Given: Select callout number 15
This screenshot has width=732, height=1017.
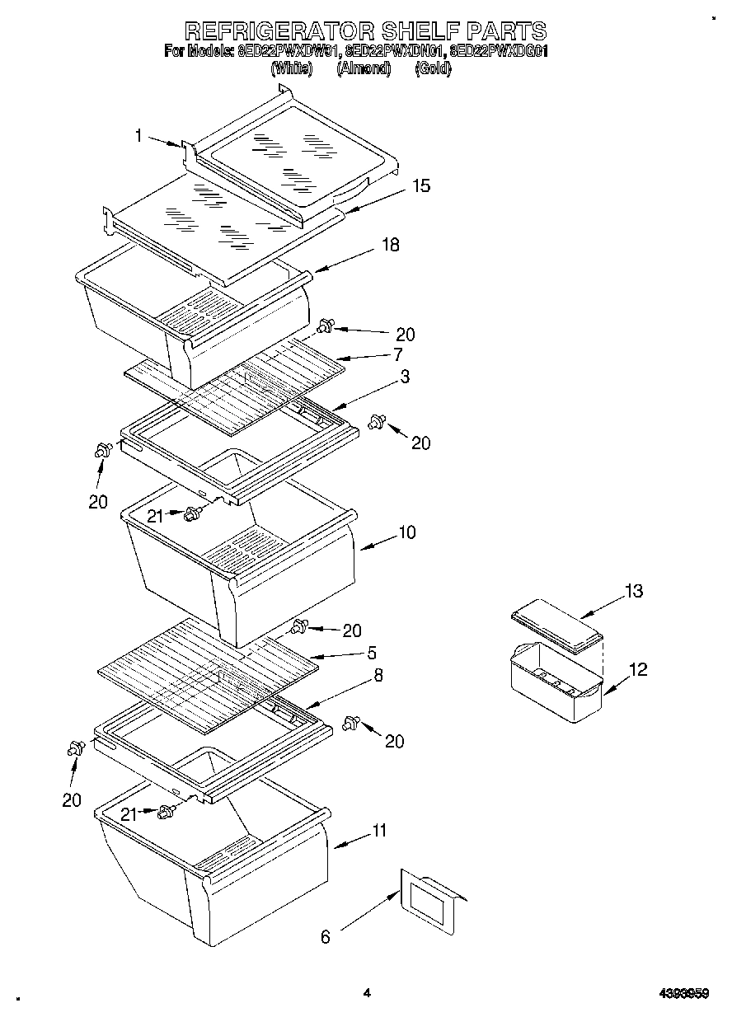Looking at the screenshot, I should point(421,186).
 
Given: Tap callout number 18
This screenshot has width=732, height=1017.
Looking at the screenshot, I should point(391,245).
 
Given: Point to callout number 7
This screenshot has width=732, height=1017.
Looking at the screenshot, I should point(397,354).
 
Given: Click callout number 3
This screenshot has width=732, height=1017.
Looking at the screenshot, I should point(406,376).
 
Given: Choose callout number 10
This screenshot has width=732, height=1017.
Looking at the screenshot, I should point(406,532).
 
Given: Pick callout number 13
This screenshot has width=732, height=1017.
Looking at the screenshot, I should point(633,591).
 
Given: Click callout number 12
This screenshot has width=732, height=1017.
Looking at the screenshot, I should point(637,669).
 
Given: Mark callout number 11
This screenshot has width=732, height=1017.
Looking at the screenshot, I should point(379,831).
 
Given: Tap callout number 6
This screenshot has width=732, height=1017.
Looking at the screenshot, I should point(325,937).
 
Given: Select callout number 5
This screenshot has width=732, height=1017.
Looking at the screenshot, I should point(372,653).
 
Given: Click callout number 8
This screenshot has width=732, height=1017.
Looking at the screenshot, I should point(378,675).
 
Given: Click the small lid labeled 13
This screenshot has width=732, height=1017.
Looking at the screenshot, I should point(552,623).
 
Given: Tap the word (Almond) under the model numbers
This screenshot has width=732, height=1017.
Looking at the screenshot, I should point(363,69).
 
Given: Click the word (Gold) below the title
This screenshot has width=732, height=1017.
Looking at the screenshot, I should point(433,69).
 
